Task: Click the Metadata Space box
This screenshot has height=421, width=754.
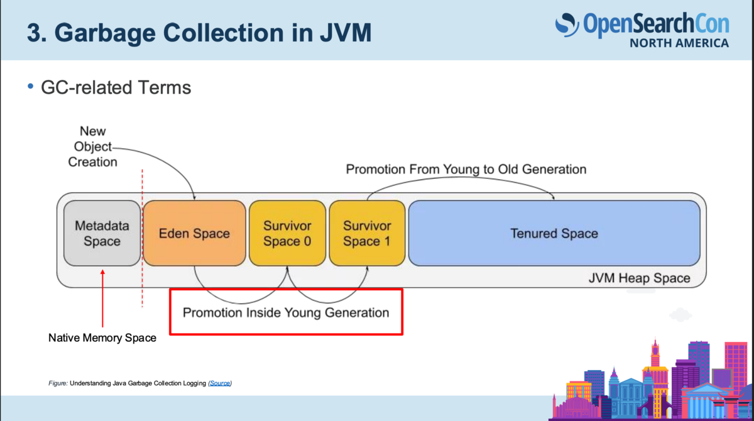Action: pyautogui.click(x=102, y=233)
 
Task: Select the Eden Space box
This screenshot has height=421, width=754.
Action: pyautogui.click(x=194, y=233)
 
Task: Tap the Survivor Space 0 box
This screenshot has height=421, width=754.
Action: pyautogui.click(x=287, y=233)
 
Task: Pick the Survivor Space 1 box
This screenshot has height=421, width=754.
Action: pyautogui.click(x=367, y=233)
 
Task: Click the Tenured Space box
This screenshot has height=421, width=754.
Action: pyautogui.click(x=554, y=233)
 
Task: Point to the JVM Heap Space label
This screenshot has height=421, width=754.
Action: pyautogui.click(x=639, y=278)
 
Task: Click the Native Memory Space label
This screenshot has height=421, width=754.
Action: pyautogui.click(x=102, y=337)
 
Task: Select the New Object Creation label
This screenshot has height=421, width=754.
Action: pyautogui.click(x=92, y=147)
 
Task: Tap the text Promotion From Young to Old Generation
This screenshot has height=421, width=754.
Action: pyautogui.click(x=466, y=169)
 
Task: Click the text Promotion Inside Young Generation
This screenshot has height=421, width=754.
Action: pyautogui.click(x=286, y=313)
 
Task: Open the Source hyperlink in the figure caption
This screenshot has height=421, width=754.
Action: pyautogui.click(x=220, y=383)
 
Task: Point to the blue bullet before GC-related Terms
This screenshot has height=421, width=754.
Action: pyautogui.click(x=31, y=87)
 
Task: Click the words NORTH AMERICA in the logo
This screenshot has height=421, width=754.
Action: pyautogui.click(x=679, y=43)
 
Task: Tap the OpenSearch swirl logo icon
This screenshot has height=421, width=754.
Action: pyautogui.click(x=567, y=25)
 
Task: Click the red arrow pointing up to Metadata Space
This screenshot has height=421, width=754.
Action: pyautogui.click(x=102, y=298)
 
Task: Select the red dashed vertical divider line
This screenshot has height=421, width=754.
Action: pyautogui.click(x=142, y=238)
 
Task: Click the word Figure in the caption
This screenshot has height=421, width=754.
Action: pyautogui.click(x=58, y=383)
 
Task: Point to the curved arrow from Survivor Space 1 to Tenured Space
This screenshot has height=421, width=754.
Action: pyautogui.click(x=461, y=178)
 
